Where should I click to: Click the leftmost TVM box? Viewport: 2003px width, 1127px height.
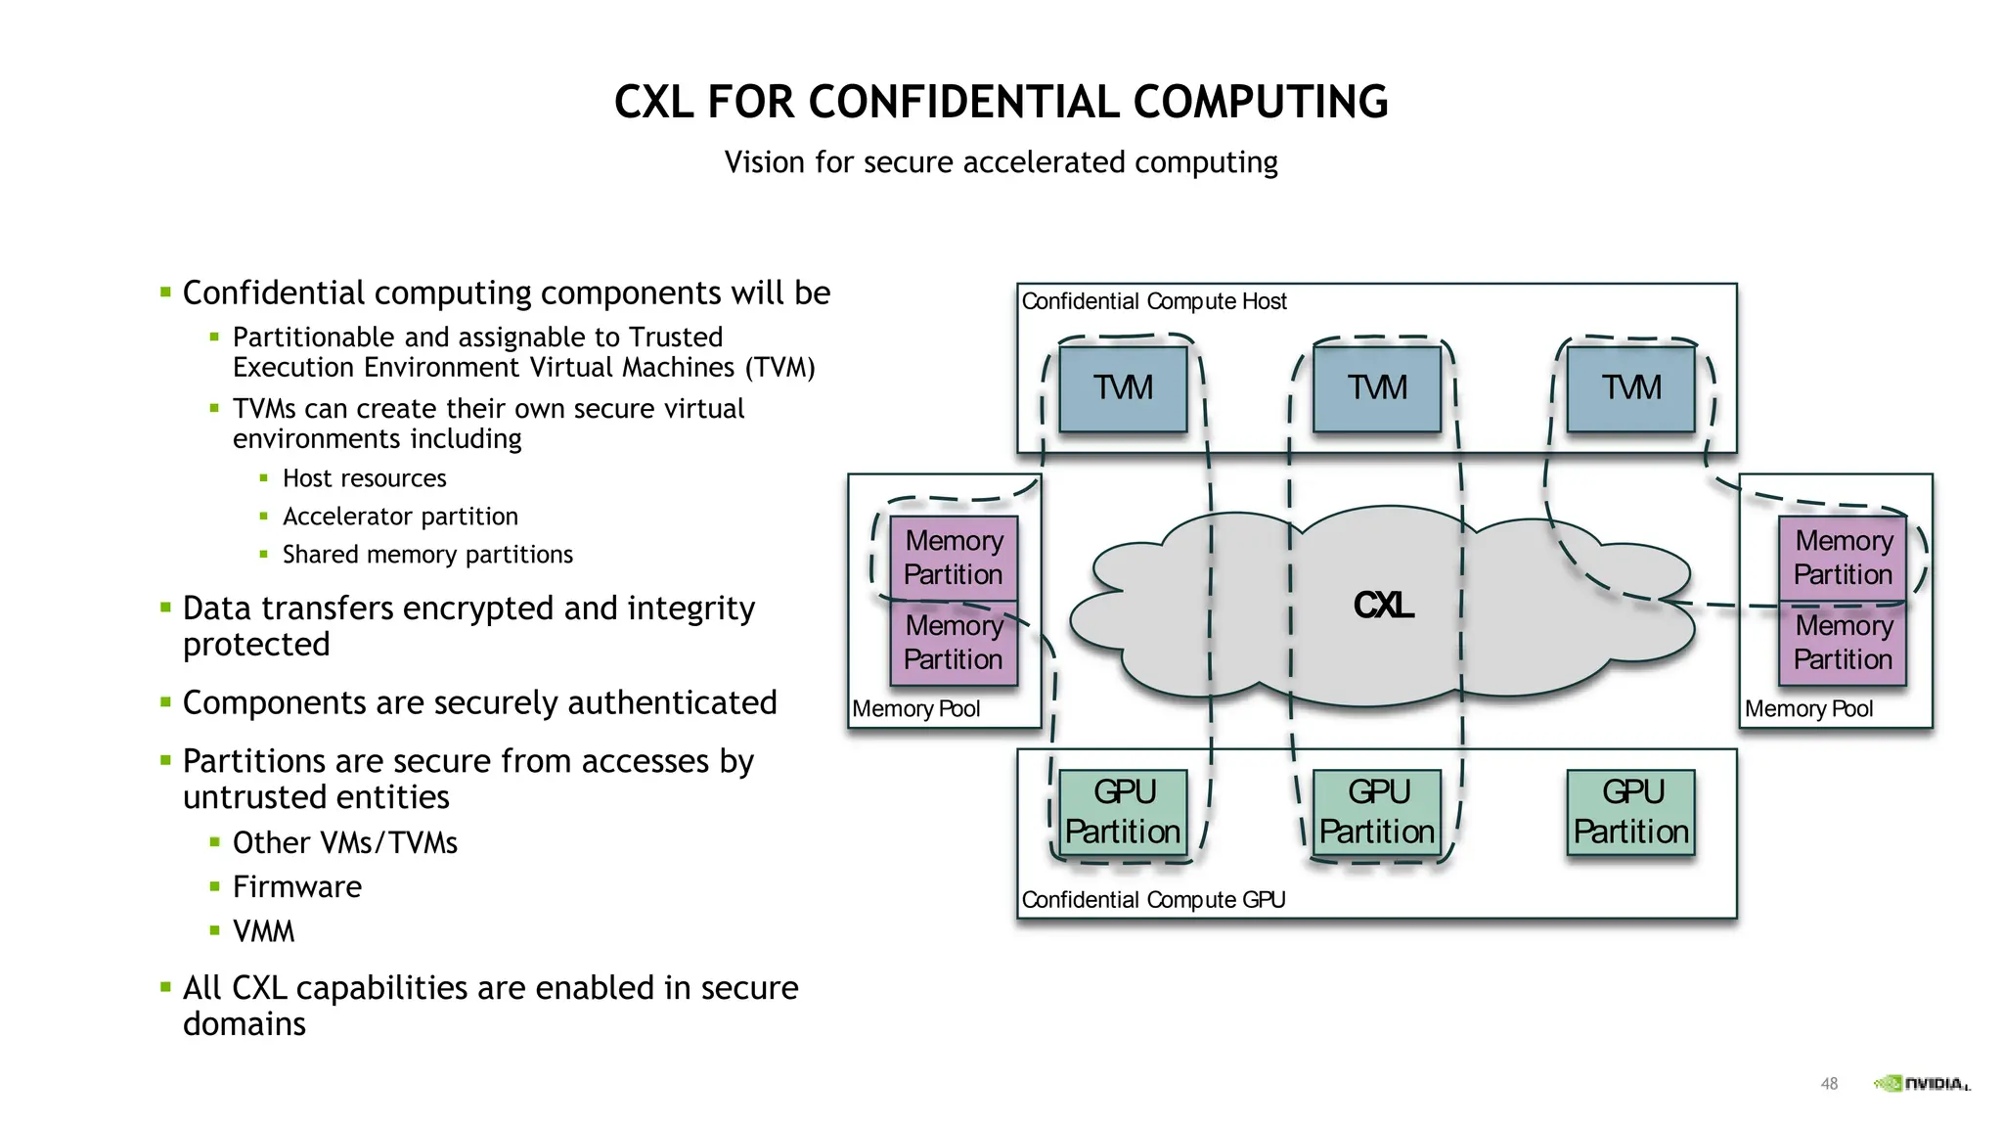pyautogui.click(x=1123, y=388)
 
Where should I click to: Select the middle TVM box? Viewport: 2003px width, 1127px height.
pyautogui.click(x=1377, y=388)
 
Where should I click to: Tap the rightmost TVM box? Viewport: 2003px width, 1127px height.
pyautogui.click(x=1630, y=388)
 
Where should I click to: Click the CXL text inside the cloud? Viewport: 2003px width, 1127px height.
pyautogui.click(x=1383, y=606)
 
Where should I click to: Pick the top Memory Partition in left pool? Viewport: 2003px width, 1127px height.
pyautogui.click(x=954, y=558)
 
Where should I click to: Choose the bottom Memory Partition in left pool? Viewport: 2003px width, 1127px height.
pyautogui.click(x=954, y=643)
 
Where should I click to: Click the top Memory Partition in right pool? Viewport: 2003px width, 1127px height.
pyautogui.click(x=1843, y=558)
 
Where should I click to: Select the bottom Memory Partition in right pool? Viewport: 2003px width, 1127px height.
pyautogui.click(x=1843, y=643)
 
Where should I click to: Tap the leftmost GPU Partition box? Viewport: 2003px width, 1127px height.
pyautogui.click(x=1123, y=812)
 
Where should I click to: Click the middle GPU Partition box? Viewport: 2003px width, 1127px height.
pyautogui.click(x=1377, y=812)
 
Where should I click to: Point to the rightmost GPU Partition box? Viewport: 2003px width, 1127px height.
pyautogui.click(x=1630, y=812)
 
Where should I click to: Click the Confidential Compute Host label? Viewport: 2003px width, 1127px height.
pyautogui.click(x=1154, y=301)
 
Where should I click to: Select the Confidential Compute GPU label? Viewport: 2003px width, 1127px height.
pyautogui.click(x=1153, y=900)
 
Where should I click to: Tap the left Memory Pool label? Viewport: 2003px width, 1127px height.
pyautogui.click(x=915, y=709)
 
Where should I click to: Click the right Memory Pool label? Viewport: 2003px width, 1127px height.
pyautogui.click(x=1808, y=709)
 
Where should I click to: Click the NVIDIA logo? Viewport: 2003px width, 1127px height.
pyautogui.click(x=1921, y=1083)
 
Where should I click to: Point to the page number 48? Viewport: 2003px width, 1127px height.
pyautogui.click(x=1829, y=1084)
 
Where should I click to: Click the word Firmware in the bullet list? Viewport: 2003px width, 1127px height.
pyautogui.click(x=297, y=887)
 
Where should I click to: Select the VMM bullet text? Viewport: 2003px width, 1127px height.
pyautogui.click(x=263, y=931)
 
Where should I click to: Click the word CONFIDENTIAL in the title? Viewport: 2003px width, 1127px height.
pyautogui.click(x=962, y=103)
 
